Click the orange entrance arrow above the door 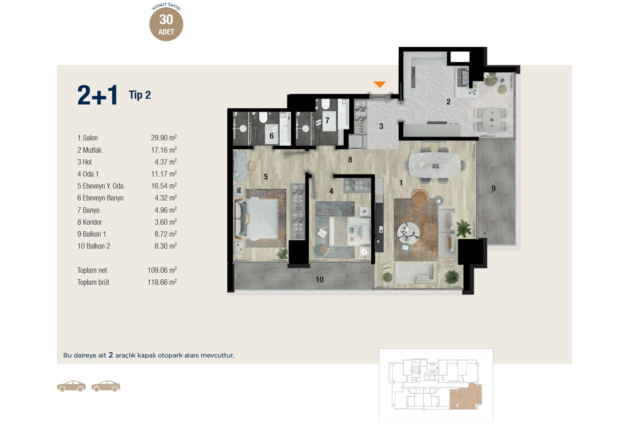coord(380,84)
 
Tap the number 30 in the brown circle coord(166,19)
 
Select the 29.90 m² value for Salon coord(164,138)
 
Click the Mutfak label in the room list coord(92,150)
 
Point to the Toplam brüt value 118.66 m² coord(162,282)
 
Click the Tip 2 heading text coord(140,95)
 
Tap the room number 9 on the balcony coord(494,188)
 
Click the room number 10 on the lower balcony coord(319,280)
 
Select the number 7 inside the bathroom coord(327,120)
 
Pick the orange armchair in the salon coord(420,197)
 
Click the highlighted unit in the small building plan coord(466,397)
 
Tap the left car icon coord(71,386)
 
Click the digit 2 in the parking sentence coord(111,355)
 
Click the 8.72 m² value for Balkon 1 coord(166,234)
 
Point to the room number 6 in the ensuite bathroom coord(272,136)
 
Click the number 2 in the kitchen coord(448,102)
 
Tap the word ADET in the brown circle coord(166,32)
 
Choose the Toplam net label coord(92,270)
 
